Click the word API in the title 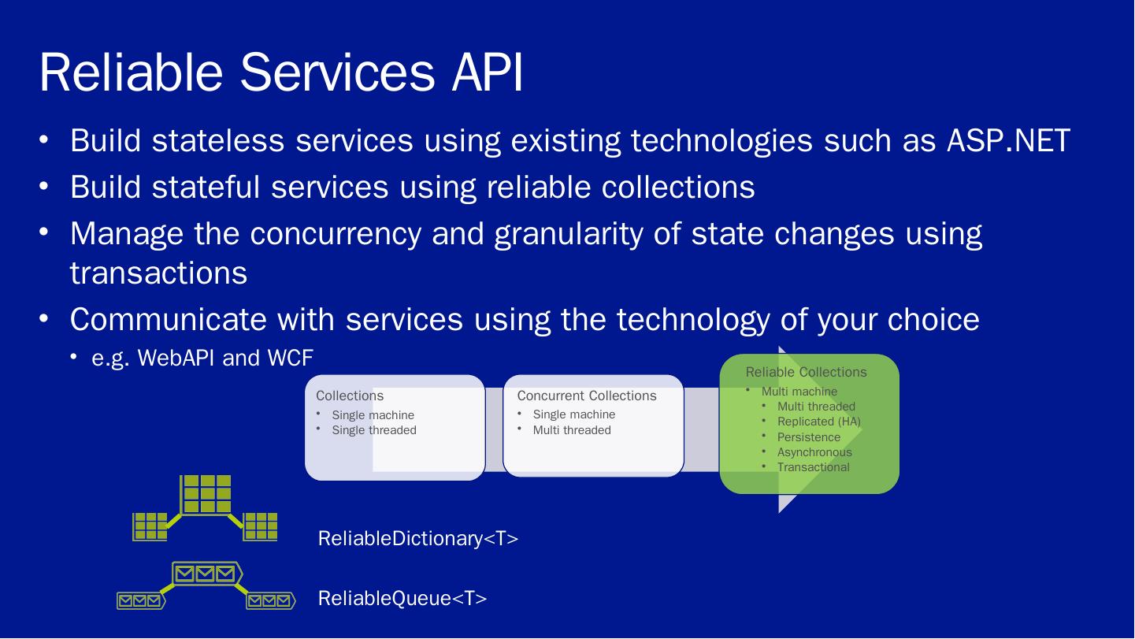(488, 72)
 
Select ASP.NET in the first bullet (1008, 140)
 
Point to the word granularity (568, 235)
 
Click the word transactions (158, 273)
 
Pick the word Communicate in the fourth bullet (169, 319)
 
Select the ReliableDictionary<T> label (418, 538)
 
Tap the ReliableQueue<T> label (402, 599)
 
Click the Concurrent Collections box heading (587, 396)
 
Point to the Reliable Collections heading (806, 372)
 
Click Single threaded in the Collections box (374, 430)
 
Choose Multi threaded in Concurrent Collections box (572, 430)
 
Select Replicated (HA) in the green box (819, 422)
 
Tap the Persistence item (809, 437)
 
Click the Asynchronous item (814, 452)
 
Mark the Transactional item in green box (814, 467)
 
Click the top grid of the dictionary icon (206, 494)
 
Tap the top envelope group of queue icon (206, 574)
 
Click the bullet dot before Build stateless (43, 140)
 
